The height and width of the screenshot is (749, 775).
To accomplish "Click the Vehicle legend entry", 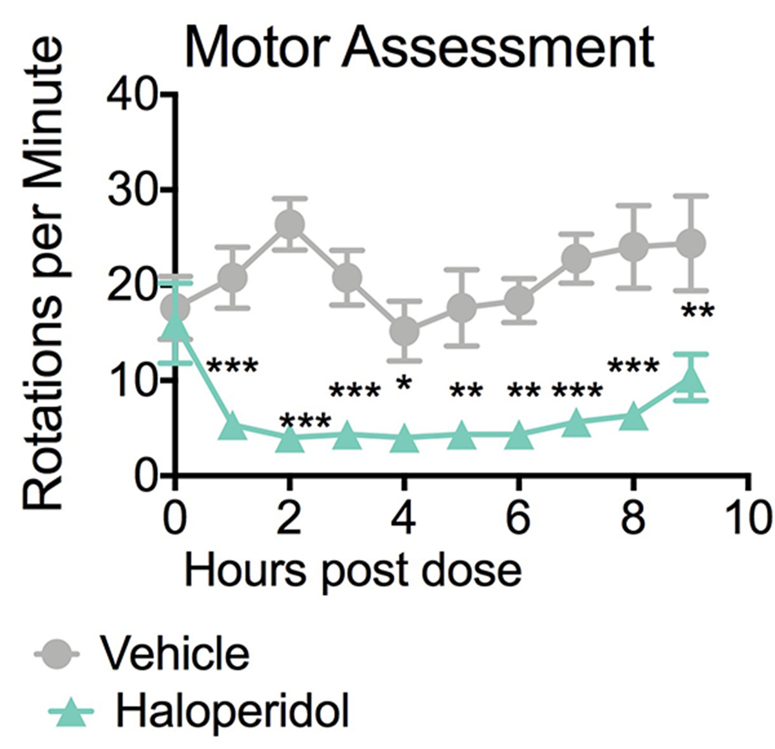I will pos(173,653).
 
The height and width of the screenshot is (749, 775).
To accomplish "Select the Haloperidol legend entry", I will pos(232,712).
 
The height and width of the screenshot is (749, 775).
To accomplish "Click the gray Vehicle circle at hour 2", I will pos(289,224).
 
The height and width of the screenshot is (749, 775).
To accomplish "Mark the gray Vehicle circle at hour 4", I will pos(404,331).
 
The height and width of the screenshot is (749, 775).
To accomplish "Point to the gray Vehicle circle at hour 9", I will pos(690,243).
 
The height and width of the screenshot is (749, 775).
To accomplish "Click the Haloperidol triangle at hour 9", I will pos(690,380).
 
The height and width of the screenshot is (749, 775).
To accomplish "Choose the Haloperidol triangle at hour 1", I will pos(232,427).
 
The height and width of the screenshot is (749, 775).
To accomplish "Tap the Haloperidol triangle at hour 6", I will pos(518,436).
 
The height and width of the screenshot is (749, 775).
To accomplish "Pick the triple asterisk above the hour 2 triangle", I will pos(305,423).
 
